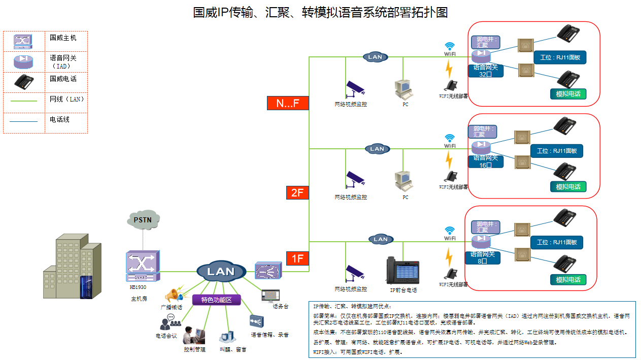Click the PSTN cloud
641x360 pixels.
(143, 220)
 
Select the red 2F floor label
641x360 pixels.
(297, 192)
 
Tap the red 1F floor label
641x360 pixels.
(297, 258)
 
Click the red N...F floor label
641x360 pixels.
(287, 103)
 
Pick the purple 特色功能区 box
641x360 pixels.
(216, 300)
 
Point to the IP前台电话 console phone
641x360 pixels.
(403, 271)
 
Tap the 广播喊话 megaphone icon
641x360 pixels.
(174, 294)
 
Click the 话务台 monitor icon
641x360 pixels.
(271, 295)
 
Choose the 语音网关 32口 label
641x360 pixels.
(486, 71)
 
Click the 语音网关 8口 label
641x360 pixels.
(483, 257)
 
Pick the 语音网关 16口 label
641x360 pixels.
(486, 161)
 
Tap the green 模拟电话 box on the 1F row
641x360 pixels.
(568, 280)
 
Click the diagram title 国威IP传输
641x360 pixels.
(320, 12)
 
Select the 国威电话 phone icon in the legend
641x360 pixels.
(24, 82)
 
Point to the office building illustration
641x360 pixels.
(72, 268)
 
